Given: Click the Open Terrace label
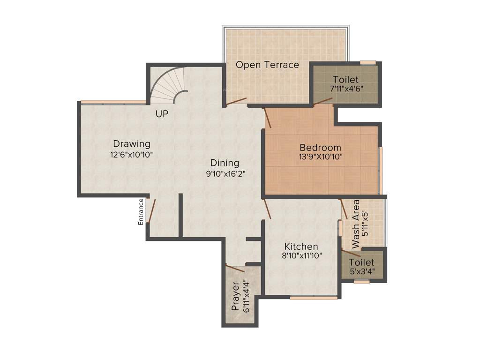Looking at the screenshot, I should pos(267,65).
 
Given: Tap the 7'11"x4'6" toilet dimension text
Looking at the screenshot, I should pos(345,88).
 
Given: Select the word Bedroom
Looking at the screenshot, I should pos(321,148).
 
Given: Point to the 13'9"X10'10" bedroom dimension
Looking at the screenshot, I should pos(321,157).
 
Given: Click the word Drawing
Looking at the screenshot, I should pos(132,144).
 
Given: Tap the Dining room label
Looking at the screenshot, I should pos(225,163).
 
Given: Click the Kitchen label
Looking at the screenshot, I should pos(301,247).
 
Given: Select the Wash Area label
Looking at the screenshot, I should pos(356,224).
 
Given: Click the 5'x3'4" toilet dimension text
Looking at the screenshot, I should pos(362,271).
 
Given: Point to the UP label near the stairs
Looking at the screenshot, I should pos(162,113).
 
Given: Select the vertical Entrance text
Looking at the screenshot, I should pos(141,212).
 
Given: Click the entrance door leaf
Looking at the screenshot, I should pos(151,210).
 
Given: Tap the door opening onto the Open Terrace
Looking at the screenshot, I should pos(237,101).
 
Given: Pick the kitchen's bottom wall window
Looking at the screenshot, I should pos(313,297).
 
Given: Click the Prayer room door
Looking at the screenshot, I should pos(235,268).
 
